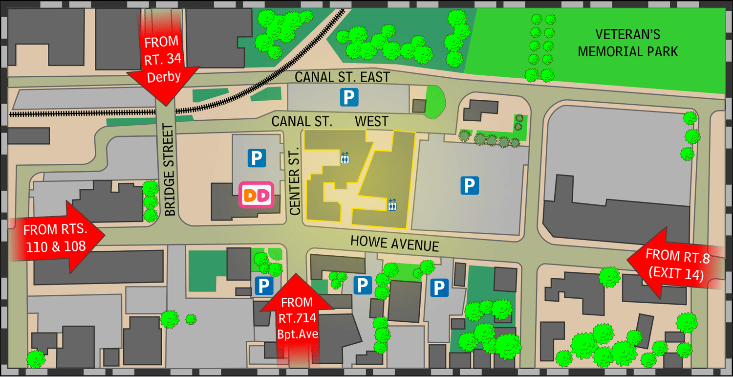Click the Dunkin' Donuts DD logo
[256, 196]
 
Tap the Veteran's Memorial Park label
[627, 43]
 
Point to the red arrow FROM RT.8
[677, 264]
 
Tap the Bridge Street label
[169, 170]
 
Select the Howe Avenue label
[394, 243]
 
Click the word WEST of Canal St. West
[371, 121]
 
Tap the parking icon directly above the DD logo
[257, 158]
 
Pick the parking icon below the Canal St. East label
[349, 97]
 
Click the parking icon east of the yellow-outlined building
[469, 185]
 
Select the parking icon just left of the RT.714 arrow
[263, 286]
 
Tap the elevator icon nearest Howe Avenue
[392, 204]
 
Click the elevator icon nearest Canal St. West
[345, 157]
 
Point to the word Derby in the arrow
[164, 77]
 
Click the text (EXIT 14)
[676, 274]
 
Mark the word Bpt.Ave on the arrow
[298, 334]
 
